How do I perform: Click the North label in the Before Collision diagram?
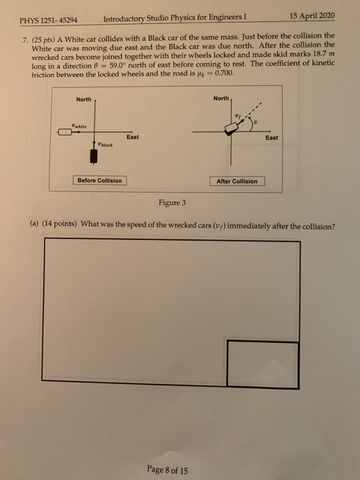point(83,100)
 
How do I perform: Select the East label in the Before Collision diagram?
point(132,137)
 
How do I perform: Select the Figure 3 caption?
point(176,204)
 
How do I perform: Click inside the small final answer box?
point(263,364)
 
